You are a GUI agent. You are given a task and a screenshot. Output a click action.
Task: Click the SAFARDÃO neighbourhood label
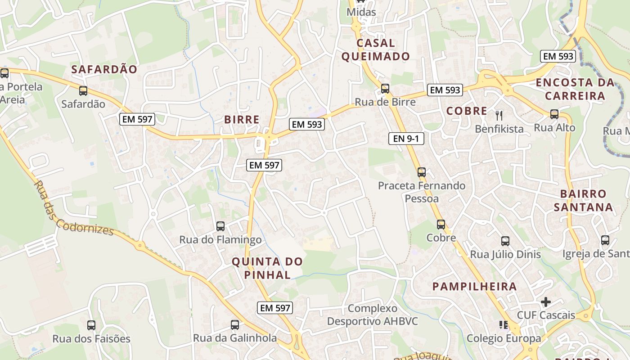pyautogui.click(x=104, y=69)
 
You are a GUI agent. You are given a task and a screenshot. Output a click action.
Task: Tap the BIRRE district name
pyautogui.click(x=242, y=120)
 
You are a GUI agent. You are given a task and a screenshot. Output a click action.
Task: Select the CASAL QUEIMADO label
pyautogui.click(x=376, y=49)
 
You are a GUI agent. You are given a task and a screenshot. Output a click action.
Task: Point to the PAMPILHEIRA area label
pyautogui.click(x=474, y=287)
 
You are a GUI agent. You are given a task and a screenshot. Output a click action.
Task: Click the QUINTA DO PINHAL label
pyautogui.click(x=267, y=268)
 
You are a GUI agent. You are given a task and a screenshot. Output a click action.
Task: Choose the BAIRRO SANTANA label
pyautogui.click(x=583, y=200)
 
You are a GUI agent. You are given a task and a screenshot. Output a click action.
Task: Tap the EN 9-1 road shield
pyautogui.click(x=406, y=139)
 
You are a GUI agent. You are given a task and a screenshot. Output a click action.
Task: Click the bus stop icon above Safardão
pyautogui.click(x=83, y=91)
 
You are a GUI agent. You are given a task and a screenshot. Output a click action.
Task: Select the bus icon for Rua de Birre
pyautogui.click(x=385, y=89)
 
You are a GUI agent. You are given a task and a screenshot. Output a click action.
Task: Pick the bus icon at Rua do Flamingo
pyautogui.click(x=220, y=226)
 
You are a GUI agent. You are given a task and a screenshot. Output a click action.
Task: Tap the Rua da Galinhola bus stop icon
pyautogui.click(x=235, y=325)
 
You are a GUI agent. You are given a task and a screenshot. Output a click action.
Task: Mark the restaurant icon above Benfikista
pyautogui.click(x=499, y=116)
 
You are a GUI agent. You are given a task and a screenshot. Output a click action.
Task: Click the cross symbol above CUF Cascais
pyautogui.click(x=546, y=301)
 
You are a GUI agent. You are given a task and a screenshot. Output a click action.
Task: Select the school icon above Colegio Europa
pyautogui.click(x=504, y=325)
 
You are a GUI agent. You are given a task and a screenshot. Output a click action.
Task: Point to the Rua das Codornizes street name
pyautogui.click(x=74, y=208)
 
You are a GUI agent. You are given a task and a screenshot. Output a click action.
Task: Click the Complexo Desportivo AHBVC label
pyautogui.click(x=373, y=315)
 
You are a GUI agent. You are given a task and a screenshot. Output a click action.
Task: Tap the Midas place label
pyautogui.click(x=361, y=12)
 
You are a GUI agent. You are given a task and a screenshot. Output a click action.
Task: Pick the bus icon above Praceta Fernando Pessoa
pyautogui.click(x=422, y=172)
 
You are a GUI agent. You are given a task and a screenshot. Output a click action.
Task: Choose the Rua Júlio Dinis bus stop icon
pyautogui.click(x=505, y=241)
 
